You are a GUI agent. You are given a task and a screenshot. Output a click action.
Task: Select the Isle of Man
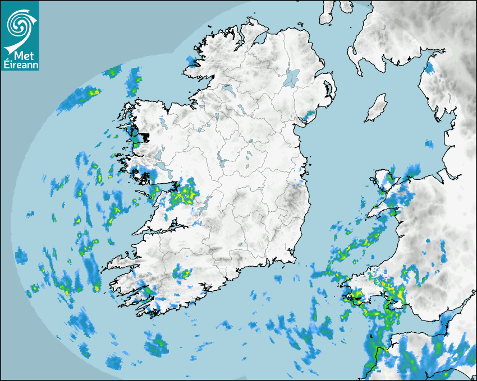[x=377, y=108]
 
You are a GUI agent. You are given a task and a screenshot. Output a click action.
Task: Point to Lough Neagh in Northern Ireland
[x=292, y=77]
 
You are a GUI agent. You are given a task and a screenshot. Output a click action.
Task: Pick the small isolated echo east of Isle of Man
[x=429, y=145]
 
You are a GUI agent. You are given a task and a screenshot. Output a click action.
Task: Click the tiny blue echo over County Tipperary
[x=240, y=244]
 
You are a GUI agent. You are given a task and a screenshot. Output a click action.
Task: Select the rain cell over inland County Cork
[x=183, y=274]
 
